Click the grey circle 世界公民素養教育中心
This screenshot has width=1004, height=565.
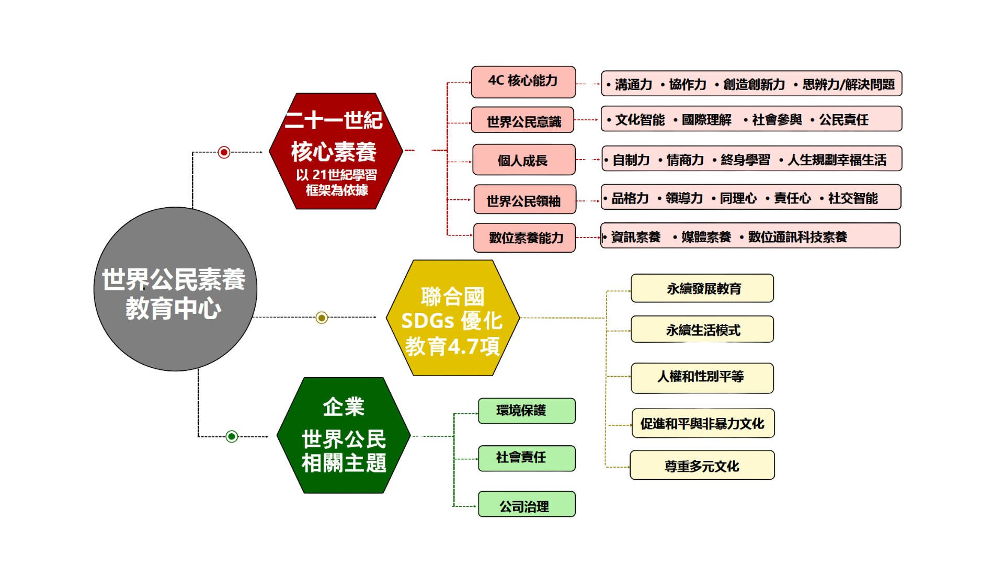pos(175,289)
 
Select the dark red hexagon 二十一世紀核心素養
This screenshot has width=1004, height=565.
pos(336,152)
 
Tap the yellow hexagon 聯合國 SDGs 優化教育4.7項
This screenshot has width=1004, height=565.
pos(452,318)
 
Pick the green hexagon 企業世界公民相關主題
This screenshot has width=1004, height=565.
pos(344,435)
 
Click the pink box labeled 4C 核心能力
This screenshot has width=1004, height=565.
pos(523,82)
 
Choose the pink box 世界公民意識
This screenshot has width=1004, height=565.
pos(523,121)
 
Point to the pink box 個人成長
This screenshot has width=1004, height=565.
pos(523,160)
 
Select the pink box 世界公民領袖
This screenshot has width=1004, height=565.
pos(524,200)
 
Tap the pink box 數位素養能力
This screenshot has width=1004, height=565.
pos(524,238)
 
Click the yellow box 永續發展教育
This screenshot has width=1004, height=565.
pos(702,288)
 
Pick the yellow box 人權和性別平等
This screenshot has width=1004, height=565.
pos(702,377)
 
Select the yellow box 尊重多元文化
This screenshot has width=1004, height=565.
pos(702,466)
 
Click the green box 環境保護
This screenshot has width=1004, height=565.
pos(527,411)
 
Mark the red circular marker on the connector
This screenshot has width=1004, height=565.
pos(224,152)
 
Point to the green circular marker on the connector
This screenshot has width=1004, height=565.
pos(232,436)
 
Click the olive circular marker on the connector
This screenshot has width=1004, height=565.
pos(322,318)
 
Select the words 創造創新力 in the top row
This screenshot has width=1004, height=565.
pos(754,84)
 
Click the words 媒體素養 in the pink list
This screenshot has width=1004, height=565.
pos(705,237)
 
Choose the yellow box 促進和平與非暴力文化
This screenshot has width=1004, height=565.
pos(702,423)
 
